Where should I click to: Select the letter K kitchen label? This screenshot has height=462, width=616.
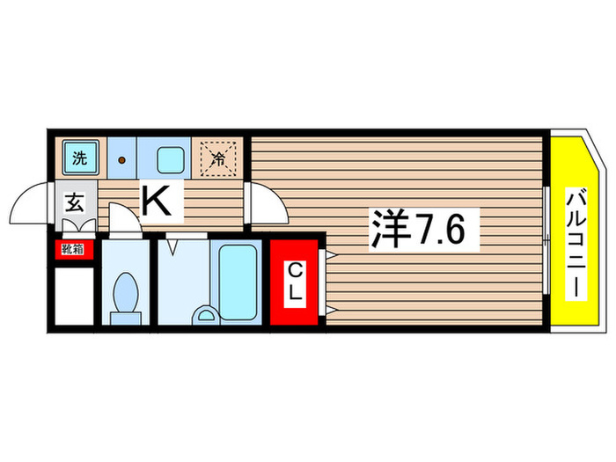(158, 204)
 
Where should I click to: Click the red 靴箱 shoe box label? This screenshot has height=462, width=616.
(72, 249)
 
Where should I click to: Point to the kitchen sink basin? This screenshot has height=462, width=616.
(169, 159)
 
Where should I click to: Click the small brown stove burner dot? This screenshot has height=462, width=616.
(122, 160)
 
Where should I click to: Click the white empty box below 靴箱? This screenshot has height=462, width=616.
(72, 295)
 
